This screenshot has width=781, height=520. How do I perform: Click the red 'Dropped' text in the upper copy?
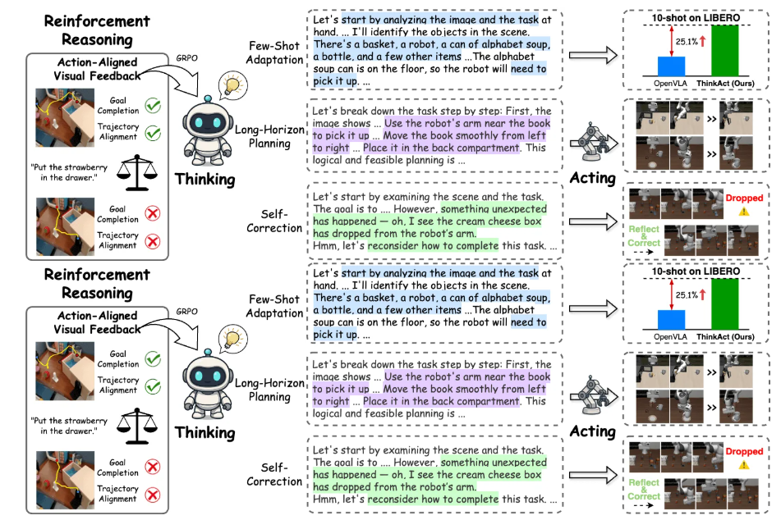(x=744, y=198)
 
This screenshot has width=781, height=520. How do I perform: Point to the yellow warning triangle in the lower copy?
(x=744, y=465)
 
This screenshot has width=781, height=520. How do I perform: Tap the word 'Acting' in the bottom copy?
(x=592, y=431)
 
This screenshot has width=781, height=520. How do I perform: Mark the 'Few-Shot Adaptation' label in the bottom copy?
(x=274, y=306)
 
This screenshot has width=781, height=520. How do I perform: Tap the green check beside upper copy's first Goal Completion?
(x=153, y=105)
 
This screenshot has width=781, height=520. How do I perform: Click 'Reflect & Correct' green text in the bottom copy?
(x=644, y=490)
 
